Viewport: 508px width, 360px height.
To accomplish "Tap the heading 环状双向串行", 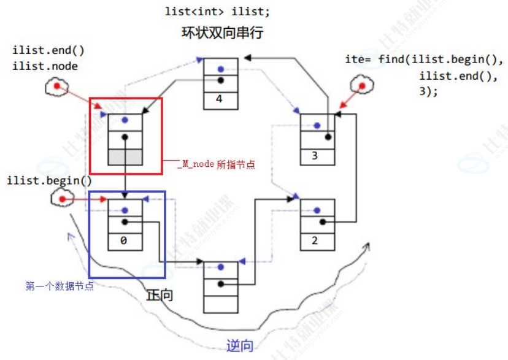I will [x=222, y=33].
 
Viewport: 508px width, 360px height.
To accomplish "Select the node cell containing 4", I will [x=220, y=98].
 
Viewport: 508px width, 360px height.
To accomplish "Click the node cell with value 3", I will [x=317, y=155].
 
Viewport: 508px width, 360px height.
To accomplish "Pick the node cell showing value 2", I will [x=317, y=240].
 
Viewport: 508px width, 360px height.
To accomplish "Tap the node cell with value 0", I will [x=125, y=240].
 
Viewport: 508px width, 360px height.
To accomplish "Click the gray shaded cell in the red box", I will [x=125, y=156].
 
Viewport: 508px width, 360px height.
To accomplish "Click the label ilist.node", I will [x=45, y=66].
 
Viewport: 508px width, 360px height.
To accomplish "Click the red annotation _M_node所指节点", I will [x=217, y=164].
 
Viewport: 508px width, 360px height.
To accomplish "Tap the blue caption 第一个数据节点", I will [x=60, y=286].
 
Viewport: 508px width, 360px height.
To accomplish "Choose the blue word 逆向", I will [x=239, y=346].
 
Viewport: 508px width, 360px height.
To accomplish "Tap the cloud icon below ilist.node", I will [x=56, y=86].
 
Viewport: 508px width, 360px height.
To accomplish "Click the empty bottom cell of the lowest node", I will [x=220, y=304].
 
